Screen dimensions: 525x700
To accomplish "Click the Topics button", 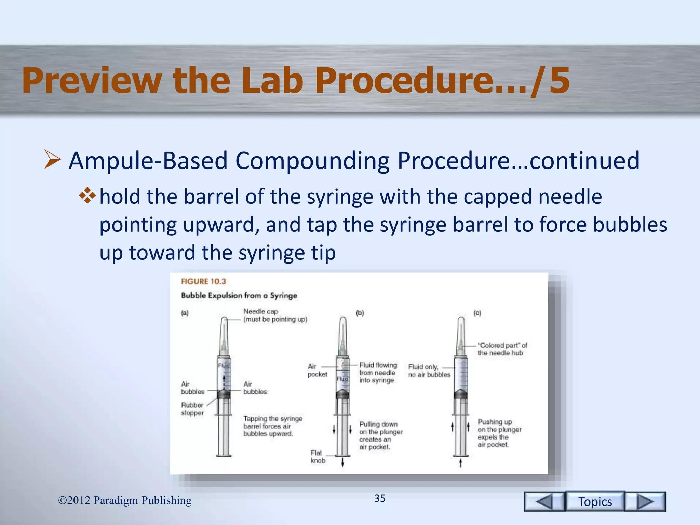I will [x=595, y=501].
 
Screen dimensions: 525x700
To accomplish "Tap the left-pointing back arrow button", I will [x=544, y=501].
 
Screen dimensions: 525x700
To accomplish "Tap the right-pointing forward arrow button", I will [x=645, y=501].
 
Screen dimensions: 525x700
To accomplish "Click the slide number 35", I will [x=380, y=498].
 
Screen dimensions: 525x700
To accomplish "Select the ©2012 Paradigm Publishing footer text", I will [x=125, y=500].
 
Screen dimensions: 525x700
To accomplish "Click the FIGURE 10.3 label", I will [x=203, y=281].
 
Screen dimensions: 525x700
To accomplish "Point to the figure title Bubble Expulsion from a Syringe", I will [x=239, y=295].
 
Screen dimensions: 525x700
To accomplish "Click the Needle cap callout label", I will [x=275, y=315].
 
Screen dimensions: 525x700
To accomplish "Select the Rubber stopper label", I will [x=192, y=409].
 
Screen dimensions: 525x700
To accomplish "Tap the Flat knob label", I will [x=318, y=457].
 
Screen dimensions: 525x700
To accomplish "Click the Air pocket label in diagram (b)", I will [x=317, y=371].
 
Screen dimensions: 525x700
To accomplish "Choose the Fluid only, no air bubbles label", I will [x=429, y=371].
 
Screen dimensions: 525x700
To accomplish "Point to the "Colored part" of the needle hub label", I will [x=502, y=349].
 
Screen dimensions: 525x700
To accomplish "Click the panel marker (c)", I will [x=477, y=313].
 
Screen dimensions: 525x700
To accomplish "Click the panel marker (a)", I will [x=185, y=313].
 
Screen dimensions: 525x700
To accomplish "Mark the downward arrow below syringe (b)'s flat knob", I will [x=342, y=462].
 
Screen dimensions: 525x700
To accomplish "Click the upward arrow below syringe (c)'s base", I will [x=460, y=463].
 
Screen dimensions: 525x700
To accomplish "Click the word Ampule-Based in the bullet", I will [x=148, y=160].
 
